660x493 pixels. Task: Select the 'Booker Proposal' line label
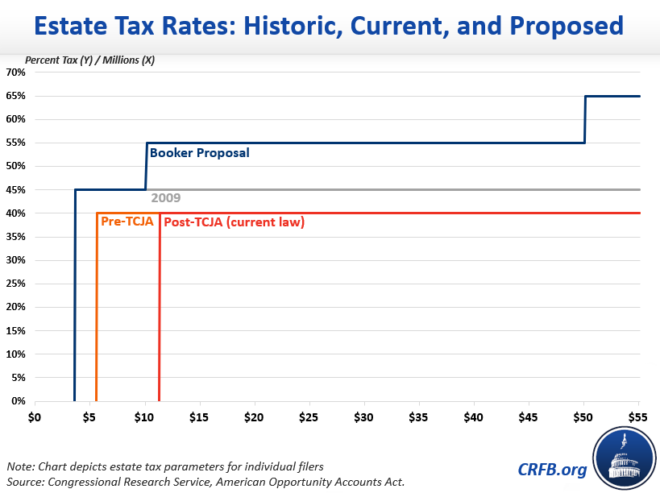[199, 152]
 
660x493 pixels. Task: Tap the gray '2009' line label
[165, 198]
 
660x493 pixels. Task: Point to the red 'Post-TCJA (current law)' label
[234, 222]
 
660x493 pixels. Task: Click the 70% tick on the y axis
[16, 72]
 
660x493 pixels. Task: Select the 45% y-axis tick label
[16, 190]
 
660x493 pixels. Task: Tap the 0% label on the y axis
[19, 401]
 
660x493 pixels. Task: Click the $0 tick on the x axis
[34, 417]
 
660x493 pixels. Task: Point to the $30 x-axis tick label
[364, 417]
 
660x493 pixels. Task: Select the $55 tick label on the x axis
[639, 417]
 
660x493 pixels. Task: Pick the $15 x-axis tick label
[199, 417]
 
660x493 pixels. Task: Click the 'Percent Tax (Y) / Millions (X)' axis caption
[89, 60]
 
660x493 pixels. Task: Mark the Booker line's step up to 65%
[585, 119]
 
